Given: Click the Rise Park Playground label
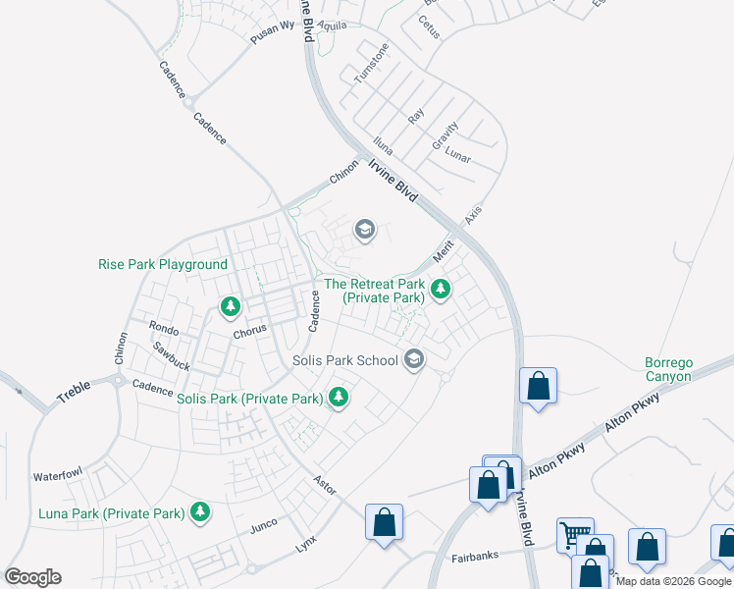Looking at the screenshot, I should (x=163, y=265).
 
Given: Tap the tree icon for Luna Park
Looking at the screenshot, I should (x=200, y=511).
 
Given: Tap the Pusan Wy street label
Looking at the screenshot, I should (x=272, y=27).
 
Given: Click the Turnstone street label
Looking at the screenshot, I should (x=372, y=63).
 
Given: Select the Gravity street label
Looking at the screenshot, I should (x=446, y=135).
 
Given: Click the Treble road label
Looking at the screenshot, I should (x=74, y=389).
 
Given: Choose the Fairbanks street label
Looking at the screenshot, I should (x=475, y=557).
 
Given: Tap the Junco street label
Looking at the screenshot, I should (x=264, y=526).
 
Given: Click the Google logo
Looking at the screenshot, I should (x=32, y=577).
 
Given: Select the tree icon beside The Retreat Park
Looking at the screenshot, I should (x=441, y=289).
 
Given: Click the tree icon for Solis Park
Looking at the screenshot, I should (x=339, y=398).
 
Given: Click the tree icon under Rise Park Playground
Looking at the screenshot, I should (x=231, y=307).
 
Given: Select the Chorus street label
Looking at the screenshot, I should (x=250, y=333).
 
